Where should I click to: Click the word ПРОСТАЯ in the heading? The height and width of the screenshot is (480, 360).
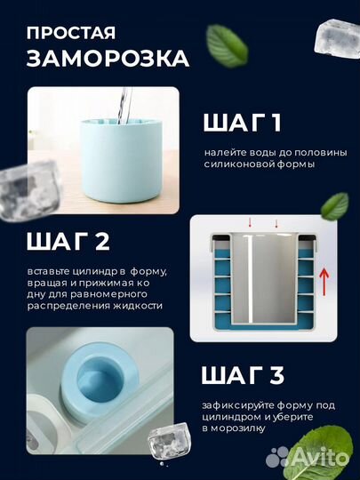[70, 33]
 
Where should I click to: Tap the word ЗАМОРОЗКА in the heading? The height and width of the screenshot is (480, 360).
[108, 59]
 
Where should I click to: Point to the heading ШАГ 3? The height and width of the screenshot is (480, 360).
[242, 375]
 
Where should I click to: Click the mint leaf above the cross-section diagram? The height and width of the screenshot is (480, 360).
[335, 205]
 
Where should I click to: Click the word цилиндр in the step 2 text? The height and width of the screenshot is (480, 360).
[108, 269]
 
